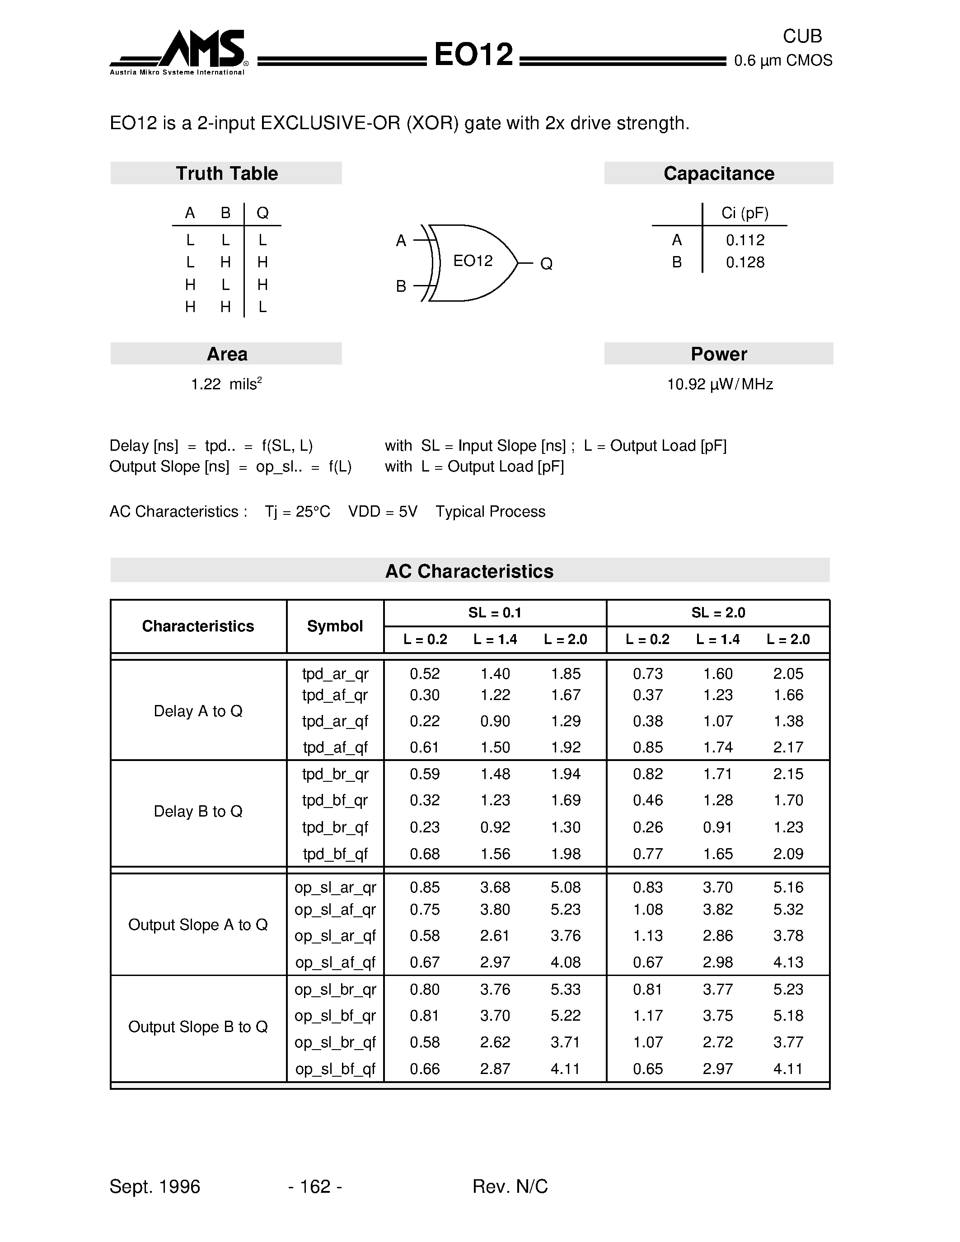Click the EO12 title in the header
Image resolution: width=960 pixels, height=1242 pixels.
[x=473, y=55]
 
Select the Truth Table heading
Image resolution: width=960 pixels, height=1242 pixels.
[x=226, y=173]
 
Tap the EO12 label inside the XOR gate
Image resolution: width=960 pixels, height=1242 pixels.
[x=473, y=261]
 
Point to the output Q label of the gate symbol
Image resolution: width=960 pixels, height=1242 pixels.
[x=546, y=264]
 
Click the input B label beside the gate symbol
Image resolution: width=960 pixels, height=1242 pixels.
[x=401, y=286]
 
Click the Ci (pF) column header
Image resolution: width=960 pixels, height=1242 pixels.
[x=745, y=213]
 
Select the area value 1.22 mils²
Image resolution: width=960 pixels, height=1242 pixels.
[x=226, y=384]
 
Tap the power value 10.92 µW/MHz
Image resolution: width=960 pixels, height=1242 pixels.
[x=719, y=385]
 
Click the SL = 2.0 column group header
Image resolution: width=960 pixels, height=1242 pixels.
[x=718, y=612]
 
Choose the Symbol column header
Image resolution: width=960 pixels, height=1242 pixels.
[x=334, y=626]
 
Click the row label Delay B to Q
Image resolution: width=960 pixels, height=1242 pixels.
[x=198, y=812]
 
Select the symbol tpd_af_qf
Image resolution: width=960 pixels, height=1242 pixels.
[x=335, y=747]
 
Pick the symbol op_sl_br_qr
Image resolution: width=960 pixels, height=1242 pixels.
[x=335, y=990]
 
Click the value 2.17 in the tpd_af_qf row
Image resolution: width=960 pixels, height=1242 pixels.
[x=788, y=747]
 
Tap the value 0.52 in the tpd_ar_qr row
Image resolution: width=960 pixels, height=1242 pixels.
[x=424, y=674]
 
